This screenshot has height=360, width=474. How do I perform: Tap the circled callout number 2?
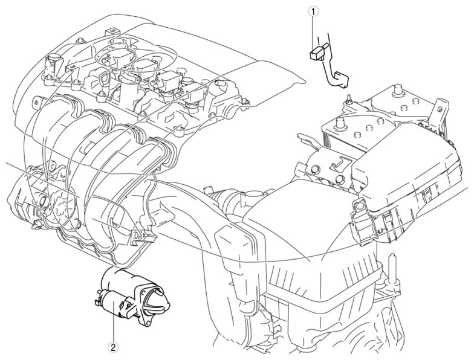114,348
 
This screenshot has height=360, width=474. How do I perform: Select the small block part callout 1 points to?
316,53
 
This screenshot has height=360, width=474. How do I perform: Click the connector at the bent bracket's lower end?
340,80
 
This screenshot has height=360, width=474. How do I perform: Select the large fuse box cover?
408,169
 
